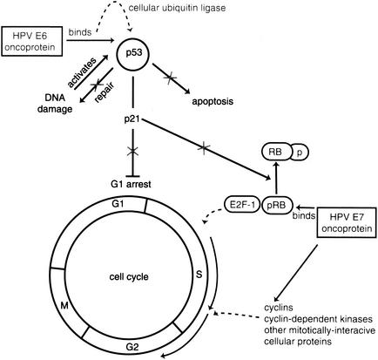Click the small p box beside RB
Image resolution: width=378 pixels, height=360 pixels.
(298, 151)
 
